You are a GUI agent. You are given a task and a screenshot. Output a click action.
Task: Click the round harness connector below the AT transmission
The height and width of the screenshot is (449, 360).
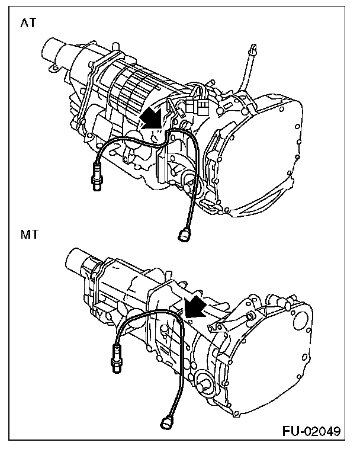click(183, 236)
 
